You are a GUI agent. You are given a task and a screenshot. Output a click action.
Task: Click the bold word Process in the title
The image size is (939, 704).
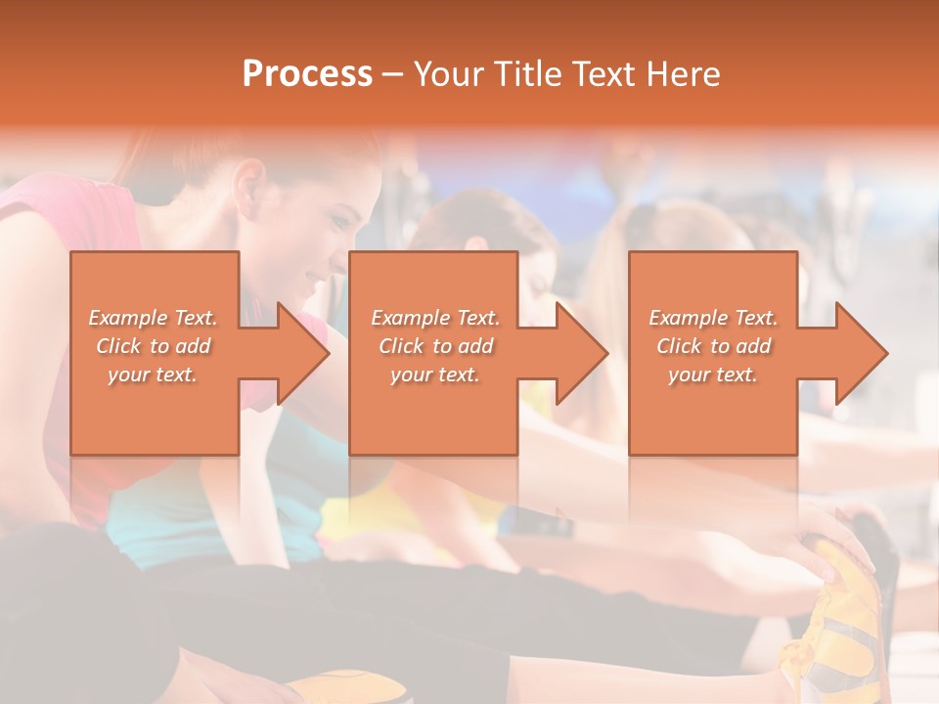point(307,74)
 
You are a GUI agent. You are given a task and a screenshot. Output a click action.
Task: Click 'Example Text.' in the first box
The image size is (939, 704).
point(154,318)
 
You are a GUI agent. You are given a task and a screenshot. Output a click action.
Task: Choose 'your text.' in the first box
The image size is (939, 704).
point(154,374)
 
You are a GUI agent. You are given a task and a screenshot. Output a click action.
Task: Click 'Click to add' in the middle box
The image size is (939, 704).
point(435,346)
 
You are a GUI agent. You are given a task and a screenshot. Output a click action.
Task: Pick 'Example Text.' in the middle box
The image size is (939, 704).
point(435,318)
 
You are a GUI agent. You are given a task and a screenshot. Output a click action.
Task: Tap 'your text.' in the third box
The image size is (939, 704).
point(713,374)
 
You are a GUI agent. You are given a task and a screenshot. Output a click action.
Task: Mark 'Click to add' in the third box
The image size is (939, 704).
point(713,346)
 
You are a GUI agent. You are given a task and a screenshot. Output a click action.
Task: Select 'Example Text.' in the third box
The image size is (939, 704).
point(713,318)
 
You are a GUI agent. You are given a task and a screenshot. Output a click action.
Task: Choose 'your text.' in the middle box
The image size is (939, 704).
point(435,374)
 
